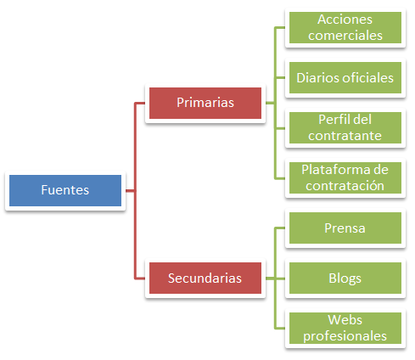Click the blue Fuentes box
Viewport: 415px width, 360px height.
point(65,190)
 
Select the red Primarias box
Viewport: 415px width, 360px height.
point(205,103)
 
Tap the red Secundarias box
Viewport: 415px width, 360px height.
point(205,278)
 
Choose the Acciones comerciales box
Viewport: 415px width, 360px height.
point(345,28)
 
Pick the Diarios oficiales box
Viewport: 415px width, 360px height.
point(345,78)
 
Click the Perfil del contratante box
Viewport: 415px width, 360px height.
point(345,128)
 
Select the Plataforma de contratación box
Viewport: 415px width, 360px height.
point(345,178)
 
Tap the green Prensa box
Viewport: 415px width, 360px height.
point(345,228)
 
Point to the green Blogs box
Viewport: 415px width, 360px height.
point(345,278)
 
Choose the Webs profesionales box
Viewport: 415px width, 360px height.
point(345,329)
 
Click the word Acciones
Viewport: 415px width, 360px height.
point(345,20)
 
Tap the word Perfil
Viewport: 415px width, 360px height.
point(332,120)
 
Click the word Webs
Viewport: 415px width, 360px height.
point(345,320)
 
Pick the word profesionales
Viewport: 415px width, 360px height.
point(345,336)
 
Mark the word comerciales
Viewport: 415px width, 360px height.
point(345,36)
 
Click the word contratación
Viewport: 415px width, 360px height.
point(345,186)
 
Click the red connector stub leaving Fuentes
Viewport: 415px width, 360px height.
point(130,191)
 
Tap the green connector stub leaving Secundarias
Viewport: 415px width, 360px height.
point(270,278)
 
